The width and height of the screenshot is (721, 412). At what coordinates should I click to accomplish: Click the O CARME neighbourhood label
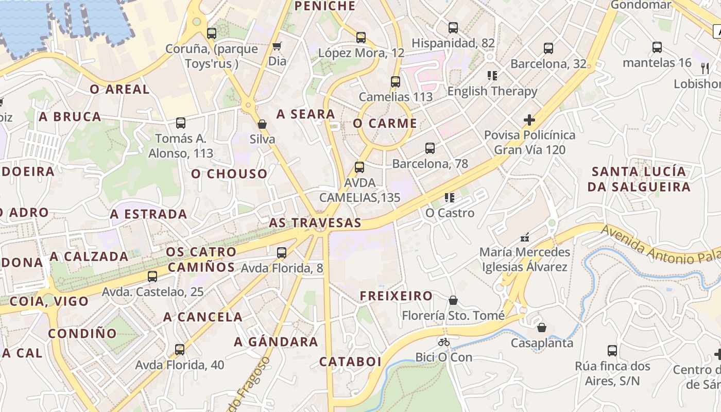click(385, 124)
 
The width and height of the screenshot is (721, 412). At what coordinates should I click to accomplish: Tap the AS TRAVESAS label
click(315, 223)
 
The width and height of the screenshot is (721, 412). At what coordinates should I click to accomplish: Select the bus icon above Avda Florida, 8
click(282, 252)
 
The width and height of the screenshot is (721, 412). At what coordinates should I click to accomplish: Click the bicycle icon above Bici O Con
click(444, 342)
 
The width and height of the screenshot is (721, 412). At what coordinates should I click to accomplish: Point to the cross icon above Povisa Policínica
click(529, 120)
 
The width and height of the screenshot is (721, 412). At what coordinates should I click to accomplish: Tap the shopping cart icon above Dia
click(277, 46)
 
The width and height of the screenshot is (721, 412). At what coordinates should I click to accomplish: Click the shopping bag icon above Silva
click(262, 124)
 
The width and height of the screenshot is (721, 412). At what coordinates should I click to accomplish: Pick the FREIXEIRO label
click(396, 296)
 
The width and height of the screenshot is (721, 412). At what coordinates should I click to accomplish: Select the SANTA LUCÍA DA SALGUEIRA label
click(639, 179)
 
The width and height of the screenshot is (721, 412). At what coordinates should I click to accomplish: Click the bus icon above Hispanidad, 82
click(453, 28)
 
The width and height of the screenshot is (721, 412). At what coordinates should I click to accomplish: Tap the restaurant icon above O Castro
click(450, 198)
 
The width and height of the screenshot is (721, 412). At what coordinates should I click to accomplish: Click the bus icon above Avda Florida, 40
click(180, 350)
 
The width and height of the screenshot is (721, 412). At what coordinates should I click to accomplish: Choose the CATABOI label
click(350, 362)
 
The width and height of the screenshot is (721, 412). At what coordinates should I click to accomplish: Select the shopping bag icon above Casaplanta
click(542, 328)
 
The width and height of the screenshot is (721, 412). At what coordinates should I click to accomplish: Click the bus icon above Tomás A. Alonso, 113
click(181, 123)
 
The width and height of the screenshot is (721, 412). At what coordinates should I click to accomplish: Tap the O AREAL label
click(119, 89)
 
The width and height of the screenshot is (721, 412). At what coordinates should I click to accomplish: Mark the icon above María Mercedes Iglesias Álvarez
click(525, 237)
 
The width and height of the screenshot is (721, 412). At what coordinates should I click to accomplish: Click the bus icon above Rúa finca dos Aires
click(612, 351)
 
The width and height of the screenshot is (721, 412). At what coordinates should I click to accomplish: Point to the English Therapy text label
click(492, 91)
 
